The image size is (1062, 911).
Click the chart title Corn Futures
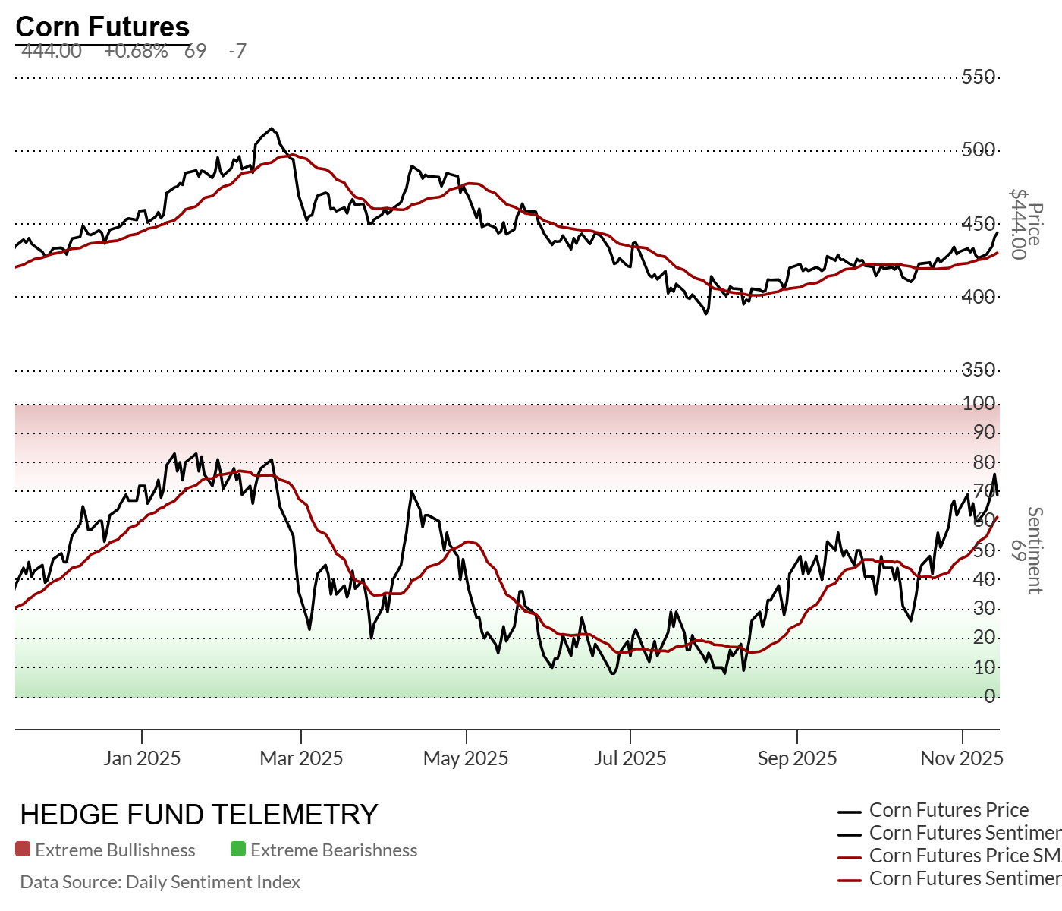102,27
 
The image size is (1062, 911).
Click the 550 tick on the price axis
979,77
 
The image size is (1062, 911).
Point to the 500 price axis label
979,150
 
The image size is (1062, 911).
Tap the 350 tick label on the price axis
979,370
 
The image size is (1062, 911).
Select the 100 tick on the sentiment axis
979,403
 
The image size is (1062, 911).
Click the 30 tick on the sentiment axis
984,608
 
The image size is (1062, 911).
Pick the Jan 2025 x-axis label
142,758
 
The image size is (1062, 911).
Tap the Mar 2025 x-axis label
301,758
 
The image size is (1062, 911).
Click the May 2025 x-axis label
466,758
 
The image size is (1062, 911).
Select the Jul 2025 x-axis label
630,758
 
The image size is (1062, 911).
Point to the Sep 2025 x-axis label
797,758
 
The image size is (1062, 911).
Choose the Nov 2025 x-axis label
962,758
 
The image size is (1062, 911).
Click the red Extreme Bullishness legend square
23,850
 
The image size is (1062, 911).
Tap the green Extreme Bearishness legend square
238,850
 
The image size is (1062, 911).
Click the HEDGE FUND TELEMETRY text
199,815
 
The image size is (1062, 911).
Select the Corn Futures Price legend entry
949,810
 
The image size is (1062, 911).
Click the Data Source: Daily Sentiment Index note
160,882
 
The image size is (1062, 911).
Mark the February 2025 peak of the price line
272,128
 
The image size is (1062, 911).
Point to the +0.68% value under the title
136,51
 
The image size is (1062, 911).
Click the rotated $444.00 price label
1018,224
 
